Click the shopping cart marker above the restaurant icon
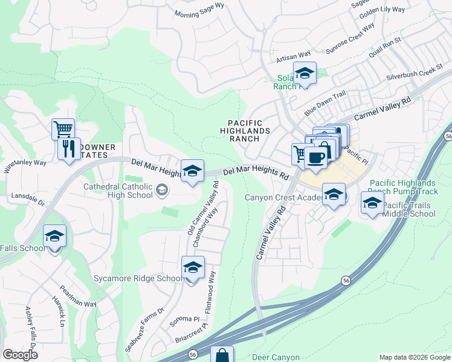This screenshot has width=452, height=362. click(63, 129)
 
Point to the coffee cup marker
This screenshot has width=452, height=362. click(315, 157)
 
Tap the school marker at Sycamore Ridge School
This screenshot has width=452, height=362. click(193, 267)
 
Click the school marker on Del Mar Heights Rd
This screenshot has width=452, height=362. click(192, 171)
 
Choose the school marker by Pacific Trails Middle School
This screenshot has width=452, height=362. click(372, 203)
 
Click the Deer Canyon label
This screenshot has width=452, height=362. click(276, 357)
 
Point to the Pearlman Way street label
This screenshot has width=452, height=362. click(77, 296)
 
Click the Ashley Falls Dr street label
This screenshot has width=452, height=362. click(30, 325)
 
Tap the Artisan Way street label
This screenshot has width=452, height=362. click(293, 56)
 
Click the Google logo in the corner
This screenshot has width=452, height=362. click(20, 355)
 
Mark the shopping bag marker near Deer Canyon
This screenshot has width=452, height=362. click(222, 356)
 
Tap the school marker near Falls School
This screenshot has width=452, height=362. click(54, 236)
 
